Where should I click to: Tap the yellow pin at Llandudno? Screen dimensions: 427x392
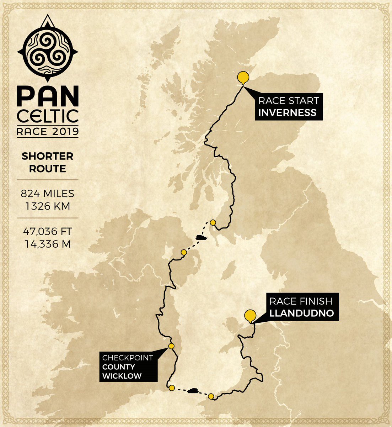tap(251, 316)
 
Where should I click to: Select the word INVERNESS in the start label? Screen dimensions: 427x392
tap(287, 113)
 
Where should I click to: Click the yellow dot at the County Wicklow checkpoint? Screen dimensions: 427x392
tap(171, 346)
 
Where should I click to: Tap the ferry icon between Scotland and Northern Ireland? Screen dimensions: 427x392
tap(201, 237)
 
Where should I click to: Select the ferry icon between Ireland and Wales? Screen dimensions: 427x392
tap(193, 391)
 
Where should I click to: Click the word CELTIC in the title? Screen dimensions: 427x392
tap(48, 116)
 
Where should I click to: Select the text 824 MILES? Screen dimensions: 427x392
tap(48, 194)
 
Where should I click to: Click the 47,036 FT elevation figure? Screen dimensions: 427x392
tap(48, 231)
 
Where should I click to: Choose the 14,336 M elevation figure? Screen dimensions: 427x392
tap(48, 244)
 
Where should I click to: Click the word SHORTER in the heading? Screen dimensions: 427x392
tap(48, 156)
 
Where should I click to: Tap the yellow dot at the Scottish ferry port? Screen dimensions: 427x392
tap(213, 222)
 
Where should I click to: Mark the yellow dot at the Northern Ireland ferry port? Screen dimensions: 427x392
tap(184, 252)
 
